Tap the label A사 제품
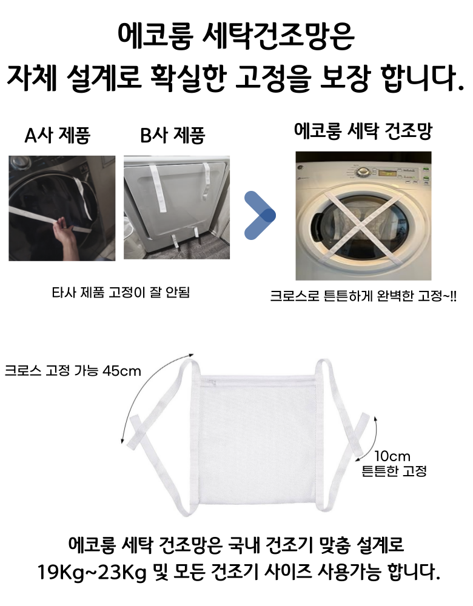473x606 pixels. pyautogui.click(x=57, y=135)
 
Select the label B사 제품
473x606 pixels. pyautogui.click(x=172, y=135)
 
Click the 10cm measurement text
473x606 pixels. pyautogui.click(x=392, y=456)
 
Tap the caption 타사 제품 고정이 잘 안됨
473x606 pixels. pyautogui.click(x=121, y=292)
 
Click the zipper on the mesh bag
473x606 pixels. pyautogui.click(x=209, y=381)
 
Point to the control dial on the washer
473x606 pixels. pyautogui.click(x=363, y=172)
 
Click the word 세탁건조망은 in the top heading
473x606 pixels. pyautogui.click(x=278, y=36)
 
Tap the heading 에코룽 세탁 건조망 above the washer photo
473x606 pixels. pyautogui.click(x=363, y=132)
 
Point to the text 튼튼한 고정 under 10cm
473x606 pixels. pyautogui.click(x=394, y=471)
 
